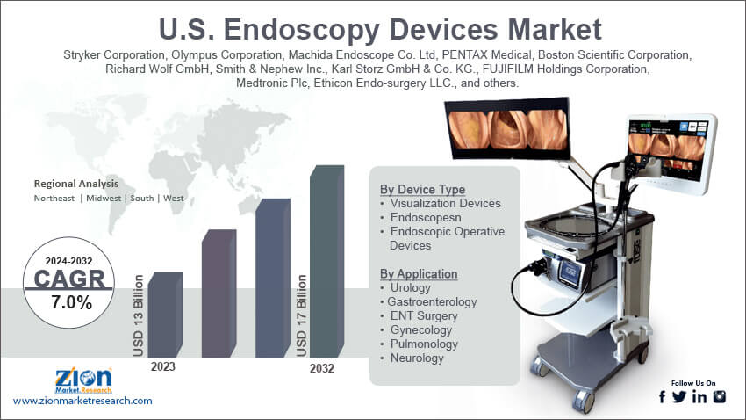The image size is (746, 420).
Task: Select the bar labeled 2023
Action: [x=164, y=316]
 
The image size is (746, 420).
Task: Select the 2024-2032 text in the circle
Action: [x=68, y=260]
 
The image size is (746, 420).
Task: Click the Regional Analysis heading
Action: [x=75, y=184]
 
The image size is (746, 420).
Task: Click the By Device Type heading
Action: [x=422, y=189]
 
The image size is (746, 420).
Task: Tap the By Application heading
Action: [x=419, y=273]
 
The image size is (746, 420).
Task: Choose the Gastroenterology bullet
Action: [x=432, y=301]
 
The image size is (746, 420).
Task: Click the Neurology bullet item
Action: [x=417, y=358]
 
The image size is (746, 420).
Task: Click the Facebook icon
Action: [x=662, y=397]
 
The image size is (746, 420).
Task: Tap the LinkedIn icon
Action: [x=699, y=397]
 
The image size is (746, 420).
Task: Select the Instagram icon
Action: [x=720, y=397]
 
